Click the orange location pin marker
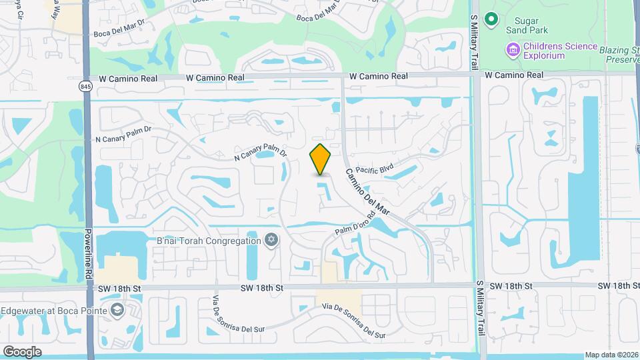(x=321, y=159)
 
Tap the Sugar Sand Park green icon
(x=491, y=19)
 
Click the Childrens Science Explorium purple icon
(x=513, y=49)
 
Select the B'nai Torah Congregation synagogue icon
(x=271, y=240)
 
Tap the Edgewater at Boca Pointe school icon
(x=117, y=310)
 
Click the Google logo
(x=22, y=351)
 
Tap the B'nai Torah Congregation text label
(x=209, y=241)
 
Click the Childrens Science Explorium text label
(x=545, y=51)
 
